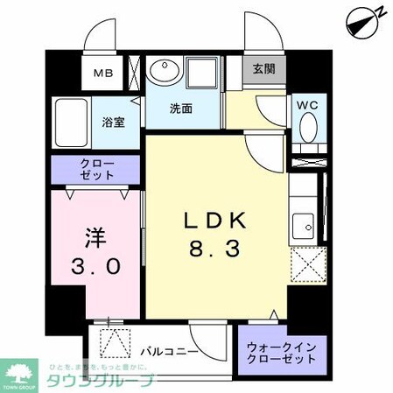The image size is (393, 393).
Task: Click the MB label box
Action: tap(103, 74)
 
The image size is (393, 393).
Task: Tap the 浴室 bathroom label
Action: tap(113, 122)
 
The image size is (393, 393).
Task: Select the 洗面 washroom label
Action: tap(181, 109)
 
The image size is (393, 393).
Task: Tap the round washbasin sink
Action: tap(162, 72)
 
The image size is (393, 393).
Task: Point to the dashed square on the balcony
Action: tap(114, 342)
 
